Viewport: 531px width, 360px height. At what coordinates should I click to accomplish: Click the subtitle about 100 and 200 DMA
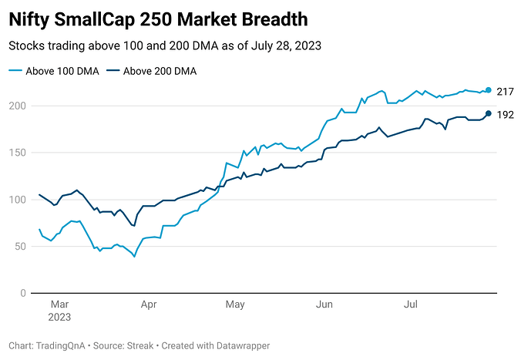click(x=164, y=45)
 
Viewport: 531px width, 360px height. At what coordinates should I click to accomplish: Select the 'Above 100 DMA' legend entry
click(x=53, y=71)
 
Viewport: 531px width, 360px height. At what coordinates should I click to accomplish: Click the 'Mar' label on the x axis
click(x=60, y=305)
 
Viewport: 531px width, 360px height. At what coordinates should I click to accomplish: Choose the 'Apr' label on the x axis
click(x=149, y=305)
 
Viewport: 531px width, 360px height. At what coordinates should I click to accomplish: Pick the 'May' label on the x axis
click(x=235, y=305)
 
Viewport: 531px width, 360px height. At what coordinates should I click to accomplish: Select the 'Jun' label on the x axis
click(x=324, y=305)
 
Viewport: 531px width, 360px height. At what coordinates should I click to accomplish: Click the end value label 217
click(x=505, y=91)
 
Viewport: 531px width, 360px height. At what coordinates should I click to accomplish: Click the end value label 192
click(x=505, y=115)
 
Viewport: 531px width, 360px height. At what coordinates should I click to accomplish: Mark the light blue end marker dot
click(x=488, y=90)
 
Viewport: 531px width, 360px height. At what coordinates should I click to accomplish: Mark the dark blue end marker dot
click(x=488, y=113)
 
